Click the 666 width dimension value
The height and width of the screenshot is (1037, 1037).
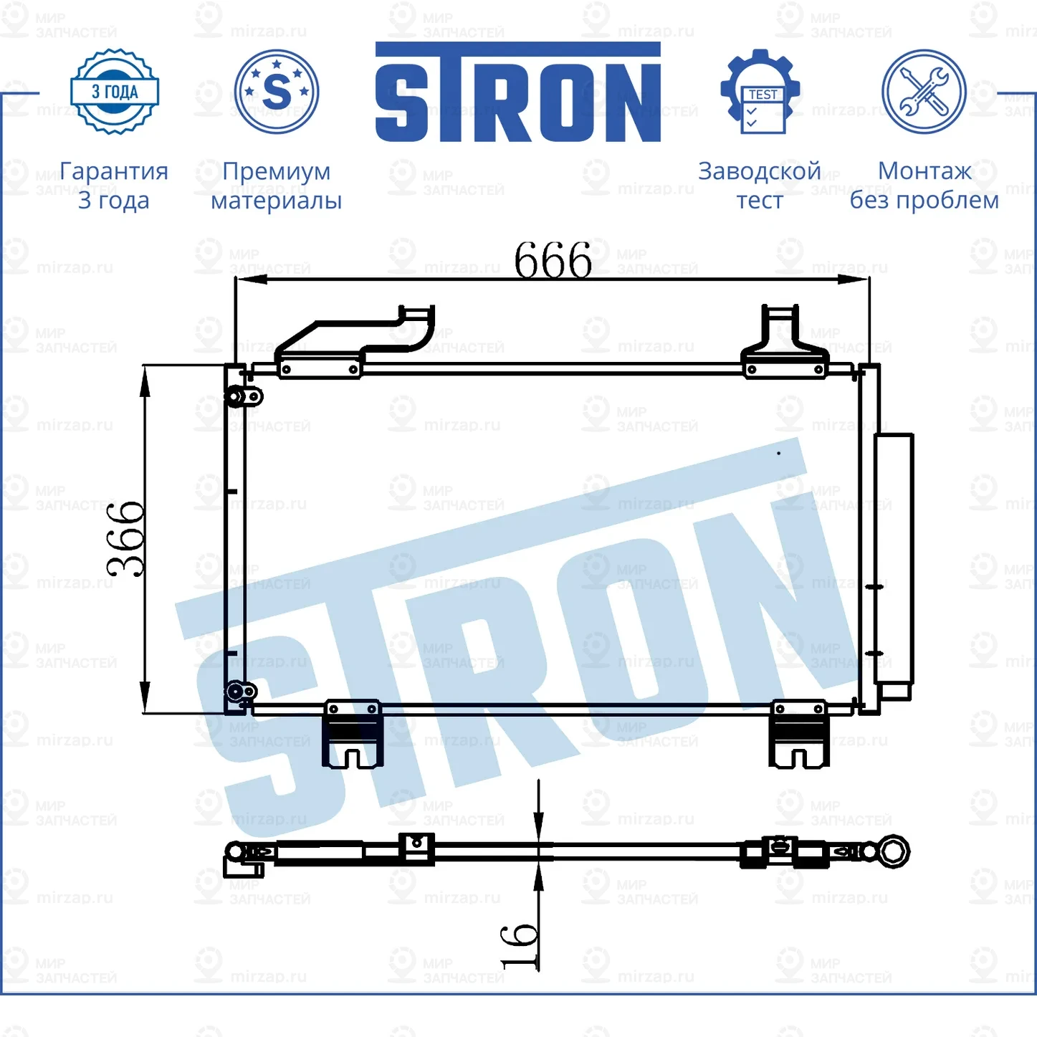coord(553,260)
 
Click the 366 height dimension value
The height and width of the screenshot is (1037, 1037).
coord(126,539)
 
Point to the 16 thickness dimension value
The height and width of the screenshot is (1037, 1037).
coord(519,947)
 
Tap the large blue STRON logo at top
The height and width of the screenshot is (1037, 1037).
coord(517,93)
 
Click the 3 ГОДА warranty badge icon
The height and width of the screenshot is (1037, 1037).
coord(115,92)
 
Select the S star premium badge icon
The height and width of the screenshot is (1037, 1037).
coord(277,92)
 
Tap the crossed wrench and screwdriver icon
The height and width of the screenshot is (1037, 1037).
coord(924,92)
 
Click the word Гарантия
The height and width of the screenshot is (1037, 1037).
coord(114,171)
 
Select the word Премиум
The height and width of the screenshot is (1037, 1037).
coord(276,171)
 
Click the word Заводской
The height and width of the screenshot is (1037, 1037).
coord(759,171)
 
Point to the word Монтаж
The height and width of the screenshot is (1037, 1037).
coord(924,171)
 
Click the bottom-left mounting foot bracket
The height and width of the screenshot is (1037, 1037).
coord(352,735)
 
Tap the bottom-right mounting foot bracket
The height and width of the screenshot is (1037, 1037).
coord(798,735)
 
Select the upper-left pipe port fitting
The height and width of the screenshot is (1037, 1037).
coord(242,396)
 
